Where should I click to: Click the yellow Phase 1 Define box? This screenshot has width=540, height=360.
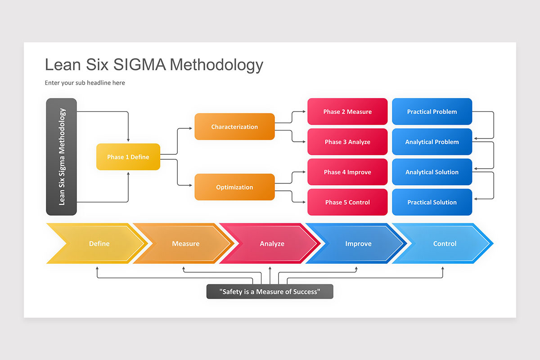128,157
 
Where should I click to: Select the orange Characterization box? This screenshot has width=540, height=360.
234,127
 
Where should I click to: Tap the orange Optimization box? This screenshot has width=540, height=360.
234,187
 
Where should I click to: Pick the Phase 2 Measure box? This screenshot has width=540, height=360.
347,112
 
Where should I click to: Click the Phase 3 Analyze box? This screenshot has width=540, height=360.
347,142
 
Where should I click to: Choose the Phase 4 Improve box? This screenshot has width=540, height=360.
347,172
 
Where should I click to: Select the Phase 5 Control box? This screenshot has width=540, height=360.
347,202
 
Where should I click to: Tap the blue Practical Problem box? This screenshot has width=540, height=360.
432,112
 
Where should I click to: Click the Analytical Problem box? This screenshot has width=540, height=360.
432,142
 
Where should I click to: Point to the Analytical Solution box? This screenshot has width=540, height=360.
432,172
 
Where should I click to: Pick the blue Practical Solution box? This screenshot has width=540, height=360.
432,202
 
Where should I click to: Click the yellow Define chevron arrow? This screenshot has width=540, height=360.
99,243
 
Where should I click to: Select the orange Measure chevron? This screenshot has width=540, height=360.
185,243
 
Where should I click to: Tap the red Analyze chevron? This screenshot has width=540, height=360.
272,243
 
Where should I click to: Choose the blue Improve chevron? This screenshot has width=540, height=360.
358,243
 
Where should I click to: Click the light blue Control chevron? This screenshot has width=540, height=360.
445,243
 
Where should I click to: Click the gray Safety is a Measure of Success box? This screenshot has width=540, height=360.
270,292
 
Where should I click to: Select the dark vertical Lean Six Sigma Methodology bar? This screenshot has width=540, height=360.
62,157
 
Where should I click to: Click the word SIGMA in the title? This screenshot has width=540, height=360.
139,65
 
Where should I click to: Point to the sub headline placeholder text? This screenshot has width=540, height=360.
85,83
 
